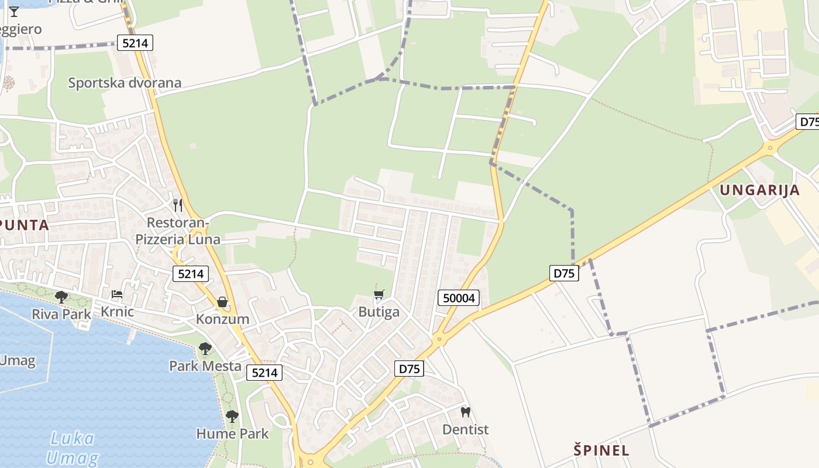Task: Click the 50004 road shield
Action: click(x=459, y=298)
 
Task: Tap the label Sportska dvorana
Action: click(x=125, y=82)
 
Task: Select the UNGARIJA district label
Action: click(x=759, y=190)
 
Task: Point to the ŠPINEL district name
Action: click(x=601, y=450)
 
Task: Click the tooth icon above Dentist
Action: click(x=466, y=412)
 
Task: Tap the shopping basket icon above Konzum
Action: click(x=222, y=302)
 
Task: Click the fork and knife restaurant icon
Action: click(x=178, y=205)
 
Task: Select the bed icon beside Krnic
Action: click(x=117, y=294)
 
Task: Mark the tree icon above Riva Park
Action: click(x=61, y=297)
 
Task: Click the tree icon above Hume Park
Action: click(x=232, y=416)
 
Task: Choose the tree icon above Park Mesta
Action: click(x=205, y=349)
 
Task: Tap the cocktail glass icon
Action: click(x=14, y=11)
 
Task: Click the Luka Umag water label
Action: click(x=73, y=448)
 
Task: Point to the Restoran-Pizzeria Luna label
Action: click(x=178, y=231)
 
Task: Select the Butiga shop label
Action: click(x=379, y=312)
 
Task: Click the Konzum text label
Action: click(x=222, y=319)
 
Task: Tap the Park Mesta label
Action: click(x=205, y=366)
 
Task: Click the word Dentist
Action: click(x=465, y=429)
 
